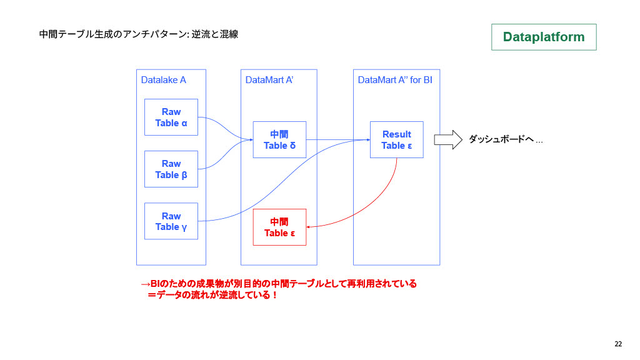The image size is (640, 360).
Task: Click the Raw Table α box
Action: click(x=171, y=117)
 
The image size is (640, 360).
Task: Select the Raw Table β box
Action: click(x=171, y=169)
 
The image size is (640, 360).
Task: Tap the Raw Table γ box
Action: click(x=171, y=221)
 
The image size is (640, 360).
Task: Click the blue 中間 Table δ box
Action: click(x=279, y=139)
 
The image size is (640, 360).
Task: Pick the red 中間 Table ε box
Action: click(x=279, y=227)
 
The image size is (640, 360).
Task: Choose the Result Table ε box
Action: click(x=396, y=139)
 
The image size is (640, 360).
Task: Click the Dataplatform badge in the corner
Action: click(x=544, y=37)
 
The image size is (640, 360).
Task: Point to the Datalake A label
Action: click(x=164, y=80)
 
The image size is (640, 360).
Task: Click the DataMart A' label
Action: click(x=269, y=80)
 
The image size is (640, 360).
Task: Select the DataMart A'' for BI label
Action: click(x=395, y=80)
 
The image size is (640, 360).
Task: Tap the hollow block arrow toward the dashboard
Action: click(x=447, y=139)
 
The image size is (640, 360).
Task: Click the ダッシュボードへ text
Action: click(x=505, y=140)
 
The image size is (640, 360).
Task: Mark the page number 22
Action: click(x=618, y=344)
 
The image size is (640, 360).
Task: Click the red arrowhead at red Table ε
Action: click(x=309, y=227)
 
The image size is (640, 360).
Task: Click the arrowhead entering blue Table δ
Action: click(x=251, y=139)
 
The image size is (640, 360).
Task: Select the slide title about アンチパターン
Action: click(x=138, y=34)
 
